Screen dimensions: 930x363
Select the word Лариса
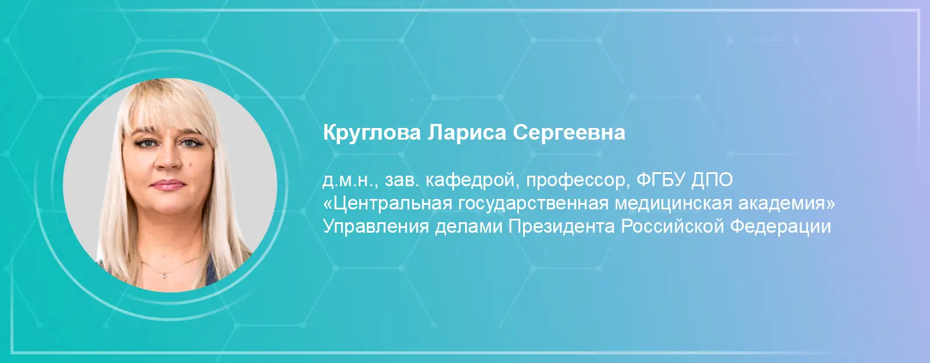tap(467, 133)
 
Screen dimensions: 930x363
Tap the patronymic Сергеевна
tap(569, 133)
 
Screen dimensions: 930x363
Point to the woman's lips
tap(168, 184)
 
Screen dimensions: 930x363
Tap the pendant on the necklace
tap(165, 273)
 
